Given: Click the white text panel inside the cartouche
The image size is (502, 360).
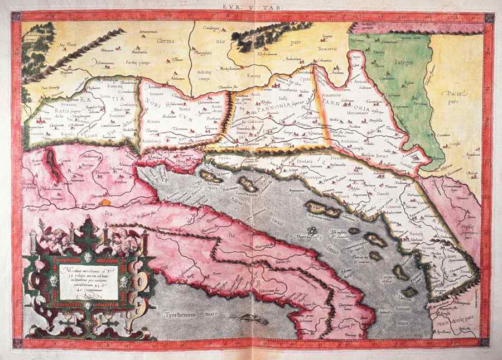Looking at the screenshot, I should [x=89, y=282].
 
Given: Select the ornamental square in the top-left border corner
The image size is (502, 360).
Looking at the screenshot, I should [x=17, y=16].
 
